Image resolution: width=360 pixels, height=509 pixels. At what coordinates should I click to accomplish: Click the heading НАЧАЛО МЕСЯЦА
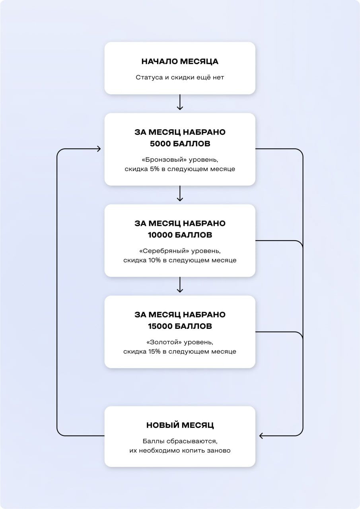tap(180, 62)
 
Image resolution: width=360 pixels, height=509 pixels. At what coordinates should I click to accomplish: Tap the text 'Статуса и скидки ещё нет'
tap(180, 78)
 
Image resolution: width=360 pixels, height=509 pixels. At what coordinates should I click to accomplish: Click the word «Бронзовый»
tap(163, 159)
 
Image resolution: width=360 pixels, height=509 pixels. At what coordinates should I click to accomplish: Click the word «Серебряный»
tap(163, 251)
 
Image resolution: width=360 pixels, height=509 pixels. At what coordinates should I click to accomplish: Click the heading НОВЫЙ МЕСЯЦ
tap(180, 425)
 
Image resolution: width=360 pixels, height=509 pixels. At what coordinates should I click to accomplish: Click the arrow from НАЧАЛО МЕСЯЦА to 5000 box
tap(180, 102)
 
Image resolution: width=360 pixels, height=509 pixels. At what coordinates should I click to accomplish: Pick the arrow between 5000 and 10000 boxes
tap(180, 194)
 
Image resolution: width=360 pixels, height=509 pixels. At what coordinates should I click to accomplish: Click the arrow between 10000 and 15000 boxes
tap(180, 285)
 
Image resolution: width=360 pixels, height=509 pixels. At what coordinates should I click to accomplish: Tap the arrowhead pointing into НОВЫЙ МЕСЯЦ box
tap(261, 436)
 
